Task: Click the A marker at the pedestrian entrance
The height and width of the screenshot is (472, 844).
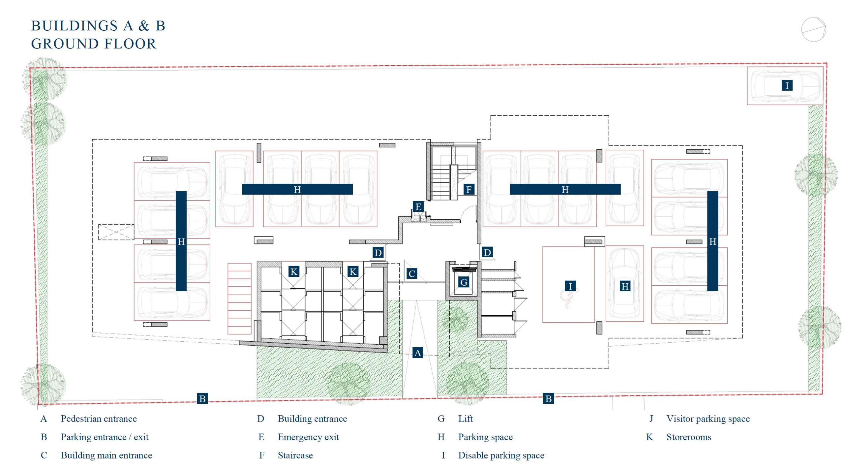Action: click(x=417, y=353)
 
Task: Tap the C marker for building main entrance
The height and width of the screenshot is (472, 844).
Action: click(x=411, y=273)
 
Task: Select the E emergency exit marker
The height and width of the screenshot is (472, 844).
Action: click(x=418, y=206)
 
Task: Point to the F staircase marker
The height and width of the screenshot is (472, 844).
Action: click(x=469, y=189)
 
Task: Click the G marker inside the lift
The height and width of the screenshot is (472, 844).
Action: click(x=464, y=282)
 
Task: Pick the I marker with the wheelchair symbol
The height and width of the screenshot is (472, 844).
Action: click(x=570, y=286)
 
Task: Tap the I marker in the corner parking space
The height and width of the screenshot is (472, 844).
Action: click(x=787, y=85)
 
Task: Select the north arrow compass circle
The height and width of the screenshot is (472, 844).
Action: click(x=813, y=30)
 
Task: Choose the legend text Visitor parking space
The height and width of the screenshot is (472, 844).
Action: click(x=708, y=419)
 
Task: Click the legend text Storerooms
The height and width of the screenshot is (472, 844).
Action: click(x=689, y=437)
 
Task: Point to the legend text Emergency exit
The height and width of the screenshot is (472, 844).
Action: click(x=308, y=437)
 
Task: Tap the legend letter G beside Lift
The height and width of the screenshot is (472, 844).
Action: click(x=441, y=419)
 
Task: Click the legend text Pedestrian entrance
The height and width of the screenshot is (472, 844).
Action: click(x=99, y=419)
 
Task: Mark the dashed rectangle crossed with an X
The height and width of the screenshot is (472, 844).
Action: click(x=116, y=232)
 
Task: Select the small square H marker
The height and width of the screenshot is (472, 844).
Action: click(x=625, y=286)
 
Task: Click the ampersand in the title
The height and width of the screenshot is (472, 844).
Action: click(x=143, y=26)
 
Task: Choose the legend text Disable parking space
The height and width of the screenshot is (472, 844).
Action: click(x=501, y=455)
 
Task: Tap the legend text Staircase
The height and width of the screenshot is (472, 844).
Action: click(x=295, y=455)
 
